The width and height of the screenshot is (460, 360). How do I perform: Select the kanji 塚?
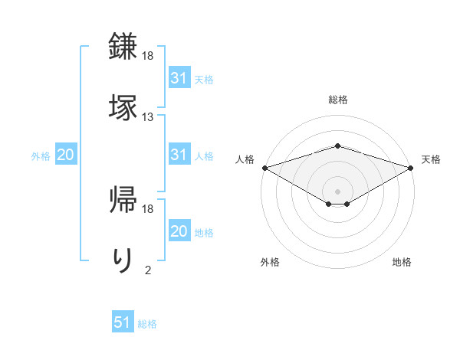pos(123,105)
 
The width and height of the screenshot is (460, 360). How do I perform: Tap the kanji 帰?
pos(123,198)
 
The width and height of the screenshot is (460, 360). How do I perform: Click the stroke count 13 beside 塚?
pos(148,117)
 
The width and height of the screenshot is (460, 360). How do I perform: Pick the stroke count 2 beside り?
pos(148,270)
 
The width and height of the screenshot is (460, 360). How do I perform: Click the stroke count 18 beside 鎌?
pos(148,56)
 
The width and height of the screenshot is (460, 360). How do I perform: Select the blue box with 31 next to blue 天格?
pos(179,78)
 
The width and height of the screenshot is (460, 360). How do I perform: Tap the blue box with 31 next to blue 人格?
pos(179,155)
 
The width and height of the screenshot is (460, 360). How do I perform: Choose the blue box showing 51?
pos(123,323)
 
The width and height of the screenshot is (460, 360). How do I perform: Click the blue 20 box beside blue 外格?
pos(65,155)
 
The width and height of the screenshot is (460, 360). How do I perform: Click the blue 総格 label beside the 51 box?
pos(147,324)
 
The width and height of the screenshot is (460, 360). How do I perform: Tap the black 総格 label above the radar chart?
pos(337,100)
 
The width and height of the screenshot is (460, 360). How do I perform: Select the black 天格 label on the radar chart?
pos(432,159)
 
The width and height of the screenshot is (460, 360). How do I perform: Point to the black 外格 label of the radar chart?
pos(269,262)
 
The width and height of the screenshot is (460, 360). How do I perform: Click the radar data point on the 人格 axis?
pos(264,167)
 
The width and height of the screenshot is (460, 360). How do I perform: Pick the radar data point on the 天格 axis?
pos(410,167)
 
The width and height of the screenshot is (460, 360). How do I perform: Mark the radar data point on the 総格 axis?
pos(337,146)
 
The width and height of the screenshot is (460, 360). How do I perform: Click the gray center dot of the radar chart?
pos(337,190)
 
